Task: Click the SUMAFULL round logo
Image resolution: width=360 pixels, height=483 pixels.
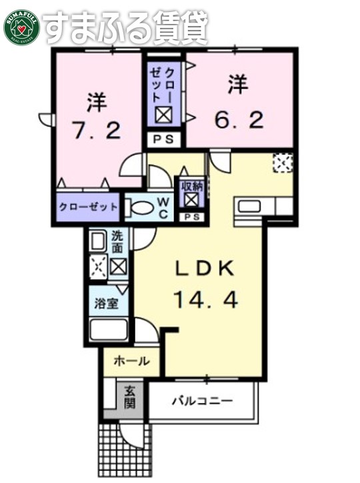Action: [x=21, y=26]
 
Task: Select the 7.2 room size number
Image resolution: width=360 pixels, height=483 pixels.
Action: [x=97, y=130]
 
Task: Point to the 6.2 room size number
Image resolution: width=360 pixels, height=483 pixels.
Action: [x=239, y=121]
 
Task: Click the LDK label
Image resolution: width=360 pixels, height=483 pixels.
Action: [x=205, y=268]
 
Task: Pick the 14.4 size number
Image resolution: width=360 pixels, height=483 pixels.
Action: [x=205, y=300]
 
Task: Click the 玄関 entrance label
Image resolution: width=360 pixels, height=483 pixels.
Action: [x=129, y=398]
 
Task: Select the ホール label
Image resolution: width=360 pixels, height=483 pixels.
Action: [x=131, y=362]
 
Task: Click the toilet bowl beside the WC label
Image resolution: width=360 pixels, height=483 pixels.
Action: [x=139, y=208]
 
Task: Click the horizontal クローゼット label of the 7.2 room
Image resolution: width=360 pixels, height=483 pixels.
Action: [x=89, y=207]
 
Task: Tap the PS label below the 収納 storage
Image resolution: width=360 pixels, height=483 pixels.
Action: [x=192, y=217]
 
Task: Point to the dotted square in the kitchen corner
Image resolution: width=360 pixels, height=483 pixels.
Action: [x=283, y=162]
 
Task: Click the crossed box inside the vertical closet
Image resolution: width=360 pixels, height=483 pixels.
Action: [x=164, y=115]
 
